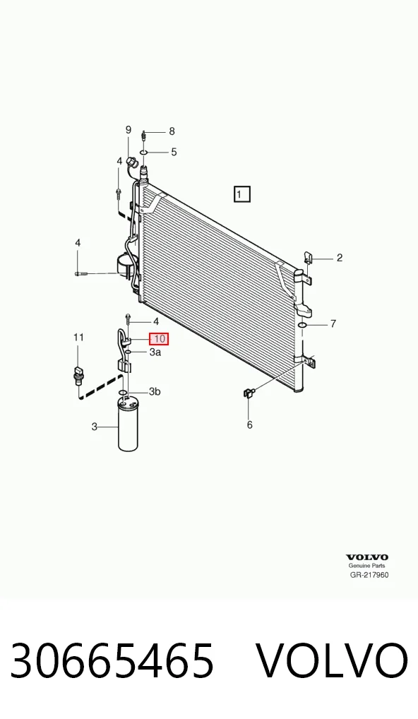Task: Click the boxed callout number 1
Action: [241, 194]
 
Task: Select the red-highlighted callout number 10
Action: [160, 339]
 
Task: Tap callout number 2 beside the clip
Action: [339, 258]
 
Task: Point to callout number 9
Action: [129, 130]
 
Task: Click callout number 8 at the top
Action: [172, 131]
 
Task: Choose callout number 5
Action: [174, 152]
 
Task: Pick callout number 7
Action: [333, 323]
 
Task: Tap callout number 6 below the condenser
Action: [250, 425]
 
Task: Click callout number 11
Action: [79, 338]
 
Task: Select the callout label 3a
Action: [155, 352]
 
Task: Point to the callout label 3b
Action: [155, 391]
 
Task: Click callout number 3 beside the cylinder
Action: [95, 427]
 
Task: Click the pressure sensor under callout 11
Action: [78, 374]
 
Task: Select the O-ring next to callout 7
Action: [301, 326]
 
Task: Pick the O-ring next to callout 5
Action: [143, 153]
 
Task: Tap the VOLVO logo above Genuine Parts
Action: [366, 557]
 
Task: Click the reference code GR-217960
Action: [369, 575]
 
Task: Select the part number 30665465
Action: [112, 660]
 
